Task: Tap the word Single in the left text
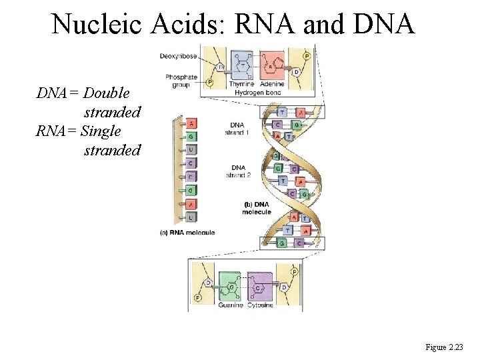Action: click(x=100, y=131)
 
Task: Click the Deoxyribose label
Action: click(x=177, y=56)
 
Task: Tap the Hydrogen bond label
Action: click(x=257, y=92)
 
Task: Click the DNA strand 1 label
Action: click(x=239, y=129)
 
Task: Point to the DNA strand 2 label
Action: click(x=239, y=171)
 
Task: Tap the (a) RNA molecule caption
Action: click(x=187, y=232)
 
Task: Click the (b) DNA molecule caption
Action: click(x=257, y=208)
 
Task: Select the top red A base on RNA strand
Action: click(x=191, y=123)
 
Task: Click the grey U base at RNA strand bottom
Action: click(x=191, y=217)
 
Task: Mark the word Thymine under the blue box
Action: click(x=241, y=85)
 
